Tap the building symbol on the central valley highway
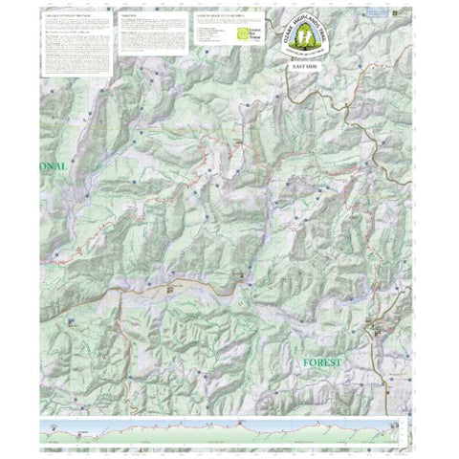tap(171, 287)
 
